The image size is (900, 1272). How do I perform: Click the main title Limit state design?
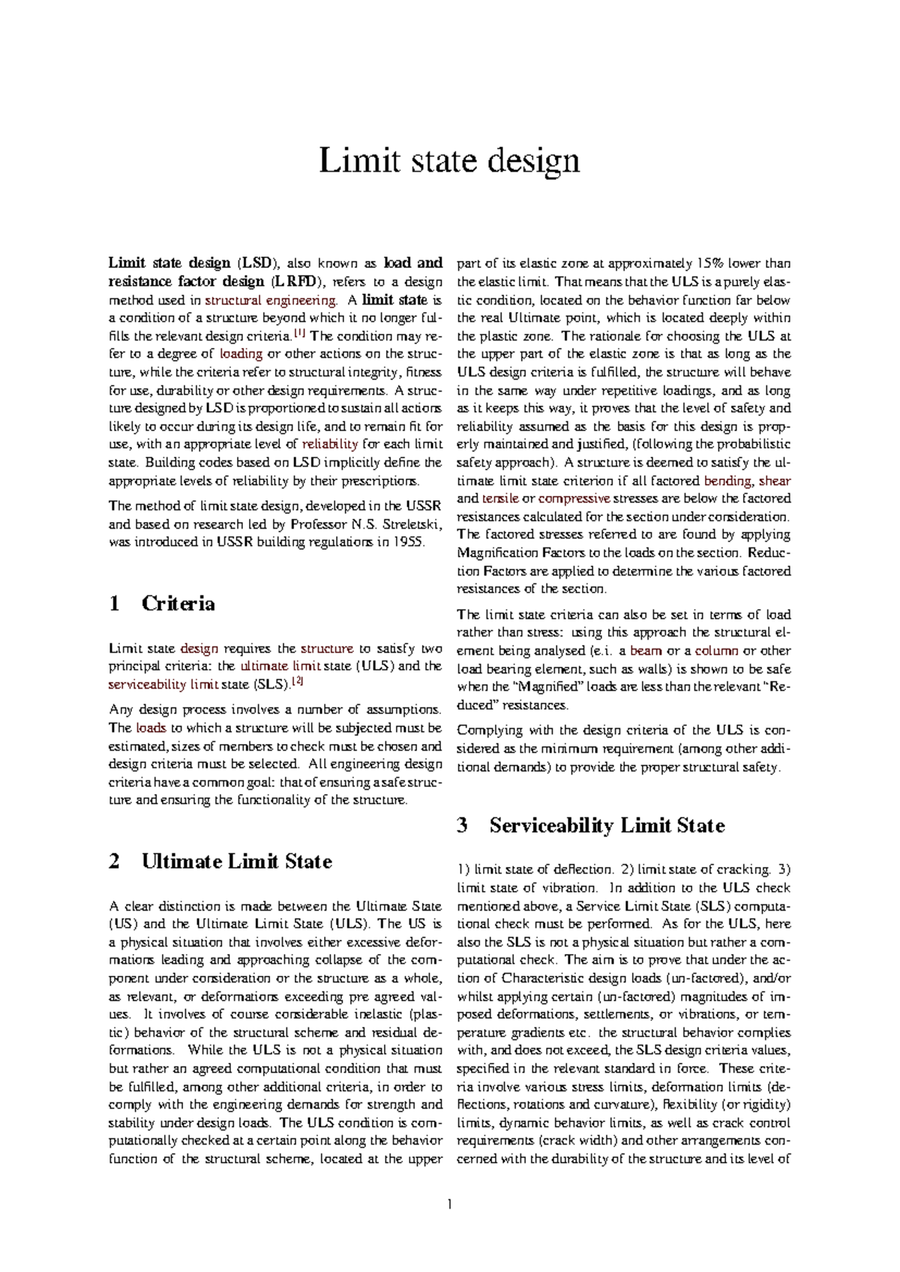pyautogui.click(x=449, y=160)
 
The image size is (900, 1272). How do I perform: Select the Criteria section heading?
pyautogui.click(x=178, y=604)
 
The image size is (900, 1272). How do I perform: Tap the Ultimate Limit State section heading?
pyautogui.click(x=236, y=861)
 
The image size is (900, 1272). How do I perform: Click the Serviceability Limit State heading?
pyautogui.click(x=607, y=826)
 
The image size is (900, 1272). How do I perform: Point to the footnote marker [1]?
pyautogui.click(x=300, y=332)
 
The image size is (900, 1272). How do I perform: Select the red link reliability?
pyautogui.click(x=329, y=444)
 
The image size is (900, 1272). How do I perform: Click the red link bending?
pyautogui.click(x=727, y=481)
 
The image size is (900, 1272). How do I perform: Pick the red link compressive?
pyautogui.click(x=574, y=499)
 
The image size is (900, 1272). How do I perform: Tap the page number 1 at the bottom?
pyautogui.click(x=449, y=1204)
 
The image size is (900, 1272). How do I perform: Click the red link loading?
pyautogui.click(x=241, y=354)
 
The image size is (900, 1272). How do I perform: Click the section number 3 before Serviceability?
pyautogui.click(x=462, y=826)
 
